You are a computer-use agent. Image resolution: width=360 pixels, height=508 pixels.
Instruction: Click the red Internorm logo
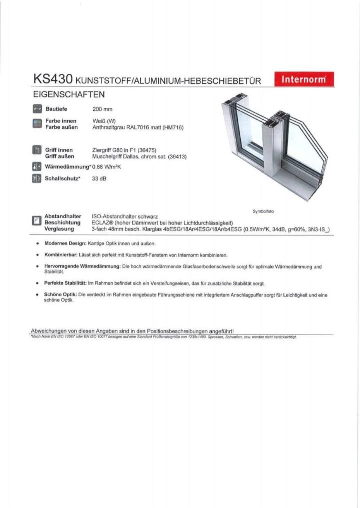(x=304, y=79)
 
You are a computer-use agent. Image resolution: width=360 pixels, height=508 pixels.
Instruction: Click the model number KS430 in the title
(x=53, y=79)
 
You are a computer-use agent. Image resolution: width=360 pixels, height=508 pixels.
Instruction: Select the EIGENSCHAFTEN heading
(x=69, y=94)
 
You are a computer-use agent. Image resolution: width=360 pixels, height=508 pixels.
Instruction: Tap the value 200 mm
(x=102, y=109)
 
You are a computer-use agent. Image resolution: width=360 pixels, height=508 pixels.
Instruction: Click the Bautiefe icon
(x=37, y=109)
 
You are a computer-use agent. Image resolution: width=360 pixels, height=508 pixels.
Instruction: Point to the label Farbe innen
(x=61, y=121)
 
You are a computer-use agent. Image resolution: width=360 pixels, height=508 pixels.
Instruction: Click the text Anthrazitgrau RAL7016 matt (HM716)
(x=138, y=128)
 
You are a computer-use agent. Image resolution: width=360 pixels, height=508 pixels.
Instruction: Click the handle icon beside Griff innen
(x=37, y=150)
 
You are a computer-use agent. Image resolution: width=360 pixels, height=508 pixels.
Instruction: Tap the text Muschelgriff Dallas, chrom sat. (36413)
(x=139, y=157)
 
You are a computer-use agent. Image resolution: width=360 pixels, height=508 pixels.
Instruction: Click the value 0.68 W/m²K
(x=107, y=167)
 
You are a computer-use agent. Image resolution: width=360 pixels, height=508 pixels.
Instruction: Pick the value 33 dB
(x=99, y=179)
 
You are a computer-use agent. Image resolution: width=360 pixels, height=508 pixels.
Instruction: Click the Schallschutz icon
(x=37, y=179)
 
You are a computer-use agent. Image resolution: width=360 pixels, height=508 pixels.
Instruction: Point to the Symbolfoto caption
(x=263, y=211)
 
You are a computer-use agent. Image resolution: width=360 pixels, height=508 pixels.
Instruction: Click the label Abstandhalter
(x=63, y=216)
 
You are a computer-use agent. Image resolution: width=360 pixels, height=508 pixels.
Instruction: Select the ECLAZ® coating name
(x=102, y=223)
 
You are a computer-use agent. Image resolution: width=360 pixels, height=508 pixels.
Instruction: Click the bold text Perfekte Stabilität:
(x=65, y=283)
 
